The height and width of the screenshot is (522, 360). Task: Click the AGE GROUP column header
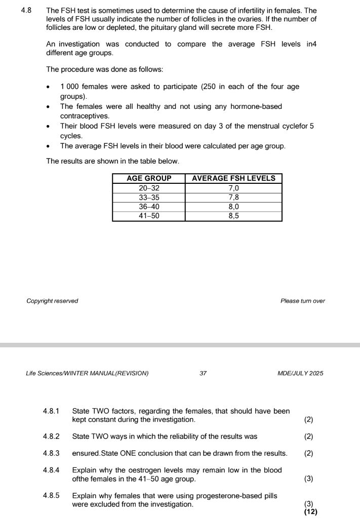coord(148,178)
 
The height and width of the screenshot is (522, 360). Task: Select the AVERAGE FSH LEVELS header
coord(233,178)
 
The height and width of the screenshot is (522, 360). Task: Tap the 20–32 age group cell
coord(148,188)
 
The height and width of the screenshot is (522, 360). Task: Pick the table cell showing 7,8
coord(233,197)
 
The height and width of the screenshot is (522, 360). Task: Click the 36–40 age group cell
coord(148,207)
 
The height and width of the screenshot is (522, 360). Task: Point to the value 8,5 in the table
coord(233,216)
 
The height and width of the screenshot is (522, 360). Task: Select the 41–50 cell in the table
coord(148,216)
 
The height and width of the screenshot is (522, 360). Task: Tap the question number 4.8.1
coord(52,411)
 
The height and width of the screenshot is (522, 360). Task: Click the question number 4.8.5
coord(52,495)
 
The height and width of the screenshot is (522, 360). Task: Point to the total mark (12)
coord(311,512)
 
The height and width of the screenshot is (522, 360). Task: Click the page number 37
coord(203,374)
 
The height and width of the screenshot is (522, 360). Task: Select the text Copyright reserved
coord(52,301)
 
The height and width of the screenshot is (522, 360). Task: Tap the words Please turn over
coord(302,301)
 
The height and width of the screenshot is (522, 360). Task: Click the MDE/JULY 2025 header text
coord(300,374)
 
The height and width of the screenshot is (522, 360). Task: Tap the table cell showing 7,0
coord(233,188)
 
